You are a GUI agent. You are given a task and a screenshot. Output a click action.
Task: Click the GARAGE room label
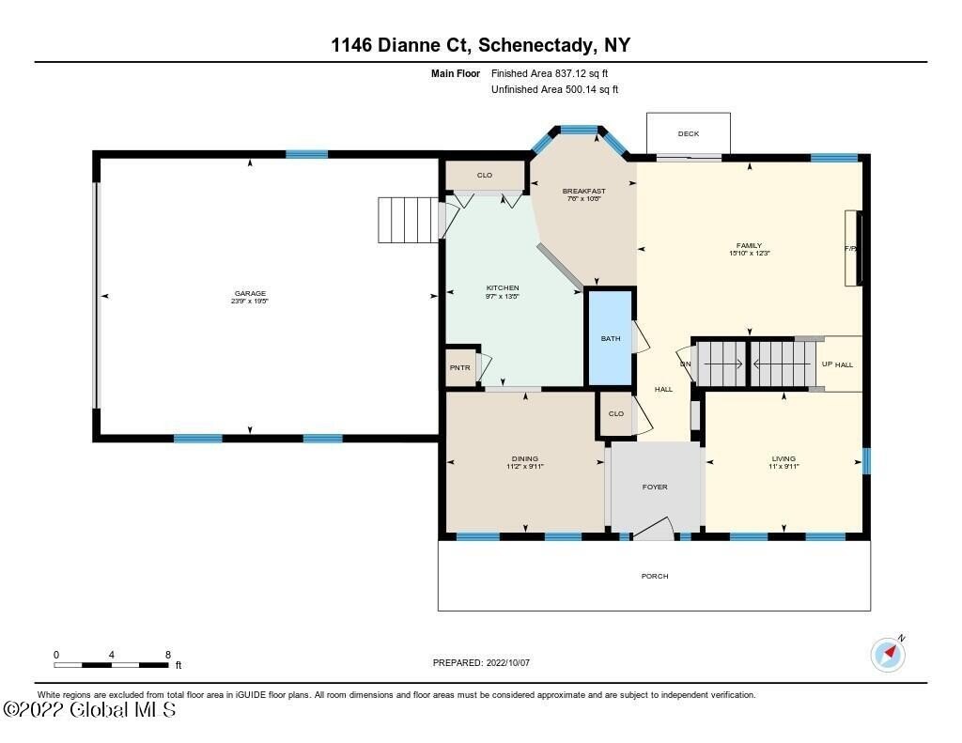click(x=250, y=293)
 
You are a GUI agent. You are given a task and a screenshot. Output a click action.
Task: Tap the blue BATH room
click(x=611, y=339)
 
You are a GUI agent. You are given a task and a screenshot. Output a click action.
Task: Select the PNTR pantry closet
click(x=459, y=367)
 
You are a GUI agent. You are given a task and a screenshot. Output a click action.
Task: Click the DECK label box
click(x=688, y=133)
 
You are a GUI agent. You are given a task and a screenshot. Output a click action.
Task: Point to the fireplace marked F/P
click(x=852, y=249)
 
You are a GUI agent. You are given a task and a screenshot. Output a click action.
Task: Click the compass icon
click(x=888, y=654)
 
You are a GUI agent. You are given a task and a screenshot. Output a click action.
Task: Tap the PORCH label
click(x=655, y=576)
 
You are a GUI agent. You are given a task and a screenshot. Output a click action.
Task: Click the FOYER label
click(x=655, y=488)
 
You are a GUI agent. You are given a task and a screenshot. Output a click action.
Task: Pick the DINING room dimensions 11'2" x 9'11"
click(x=525, y=466)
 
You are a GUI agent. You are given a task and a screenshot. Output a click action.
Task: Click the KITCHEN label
click(x=503, y=287)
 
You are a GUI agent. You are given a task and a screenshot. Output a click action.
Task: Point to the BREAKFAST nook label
click(x=583, y=191)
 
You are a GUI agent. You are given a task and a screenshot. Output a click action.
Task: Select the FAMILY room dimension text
click(x=749, y=253)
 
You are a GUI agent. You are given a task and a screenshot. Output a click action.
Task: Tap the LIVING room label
click(x=783, y=458)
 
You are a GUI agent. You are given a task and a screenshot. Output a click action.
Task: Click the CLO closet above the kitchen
click(x=485, y=175)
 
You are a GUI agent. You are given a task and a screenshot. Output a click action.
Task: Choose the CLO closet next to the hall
click(x=616, y=413)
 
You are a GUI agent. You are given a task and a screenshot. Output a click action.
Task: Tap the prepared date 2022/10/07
click(x=507, y=662)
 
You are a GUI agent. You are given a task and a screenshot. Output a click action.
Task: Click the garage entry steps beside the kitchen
click(x=408, y=220)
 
